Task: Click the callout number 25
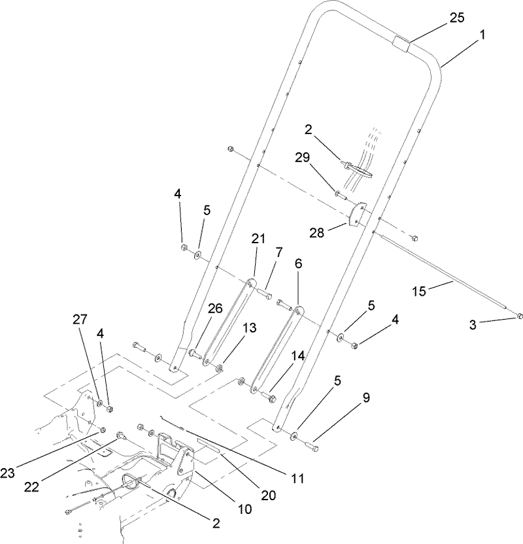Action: (457, 18)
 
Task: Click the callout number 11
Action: (298, 478)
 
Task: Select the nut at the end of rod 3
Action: (518, 317)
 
